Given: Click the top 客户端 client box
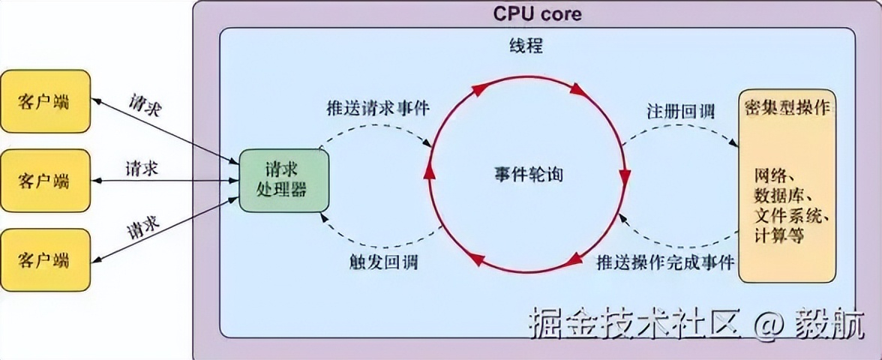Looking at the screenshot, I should (45, 100).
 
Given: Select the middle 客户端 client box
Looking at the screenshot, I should (45, 180).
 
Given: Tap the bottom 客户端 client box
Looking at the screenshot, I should (45, 259).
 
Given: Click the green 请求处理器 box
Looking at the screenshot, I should (283, 180).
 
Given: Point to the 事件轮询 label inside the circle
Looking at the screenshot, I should (528, 175).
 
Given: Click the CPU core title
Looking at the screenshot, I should (537, 13).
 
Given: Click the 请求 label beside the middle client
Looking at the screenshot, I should (142, 168).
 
